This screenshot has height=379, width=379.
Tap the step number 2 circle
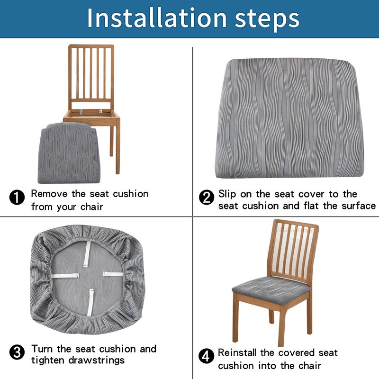click(x=206, y=197)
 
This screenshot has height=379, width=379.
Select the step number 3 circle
click(x=17, y=352)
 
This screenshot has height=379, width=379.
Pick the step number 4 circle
click(x=206, y=355)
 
